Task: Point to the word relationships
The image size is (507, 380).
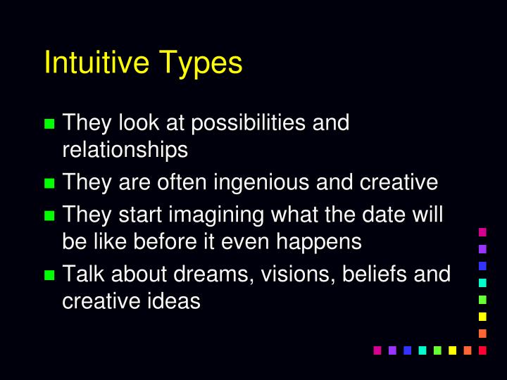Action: point(125,150)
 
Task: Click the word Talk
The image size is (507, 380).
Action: point(80,273)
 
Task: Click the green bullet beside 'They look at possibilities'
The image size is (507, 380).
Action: point(49,125)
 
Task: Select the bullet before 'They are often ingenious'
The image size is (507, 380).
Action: point(49,184)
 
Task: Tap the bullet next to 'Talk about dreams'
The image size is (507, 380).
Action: point(49,274)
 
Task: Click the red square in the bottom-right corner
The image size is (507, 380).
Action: point(482,350)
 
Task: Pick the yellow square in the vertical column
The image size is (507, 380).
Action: point(482,316)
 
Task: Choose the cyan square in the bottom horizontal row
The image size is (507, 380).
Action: point(422,350)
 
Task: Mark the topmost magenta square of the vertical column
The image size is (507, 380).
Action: point(482,232)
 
